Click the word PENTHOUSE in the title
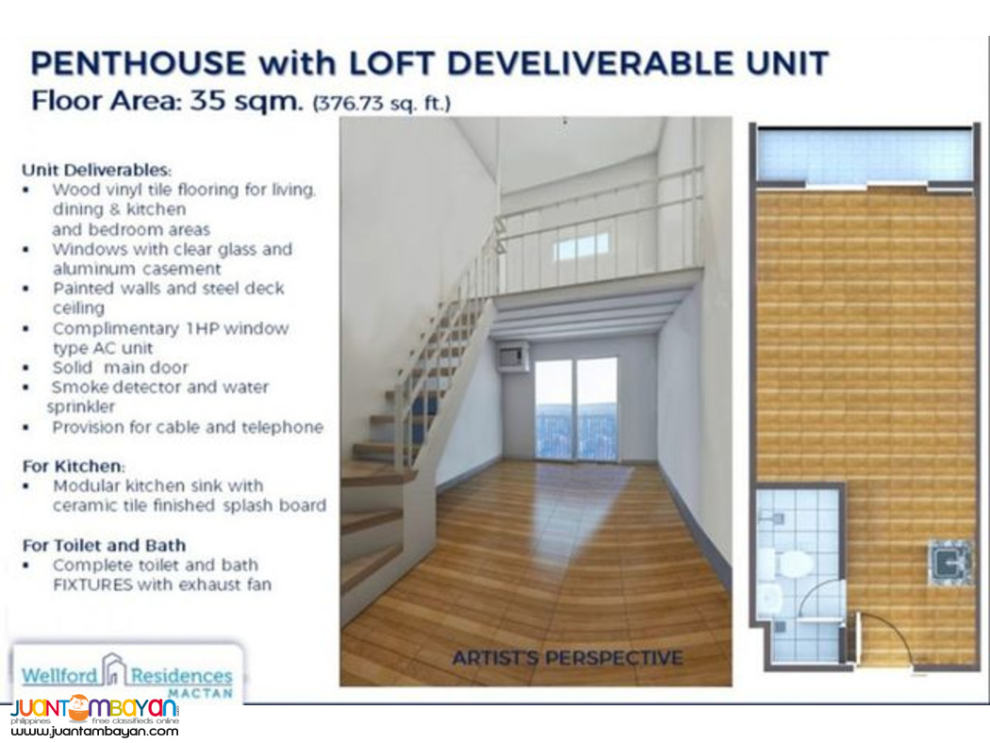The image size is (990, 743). coord(138,63)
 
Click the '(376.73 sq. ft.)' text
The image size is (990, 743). coord(381,102)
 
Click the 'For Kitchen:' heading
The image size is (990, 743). coord(74,466)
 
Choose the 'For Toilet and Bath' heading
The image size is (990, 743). coord(104,545)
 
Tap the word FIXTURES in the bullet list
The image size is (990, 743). coord(98,585)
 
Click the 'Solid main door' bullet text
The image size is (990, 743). coord(121,367)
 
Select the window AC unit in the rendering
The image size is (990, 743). coord(510,355)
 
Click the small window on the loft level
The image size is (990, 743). coord(581,247)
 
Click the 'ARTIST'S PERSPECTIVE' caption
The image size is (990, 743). coord(567,657)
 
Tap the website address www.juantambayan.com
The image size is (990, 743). coord(95,731)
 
